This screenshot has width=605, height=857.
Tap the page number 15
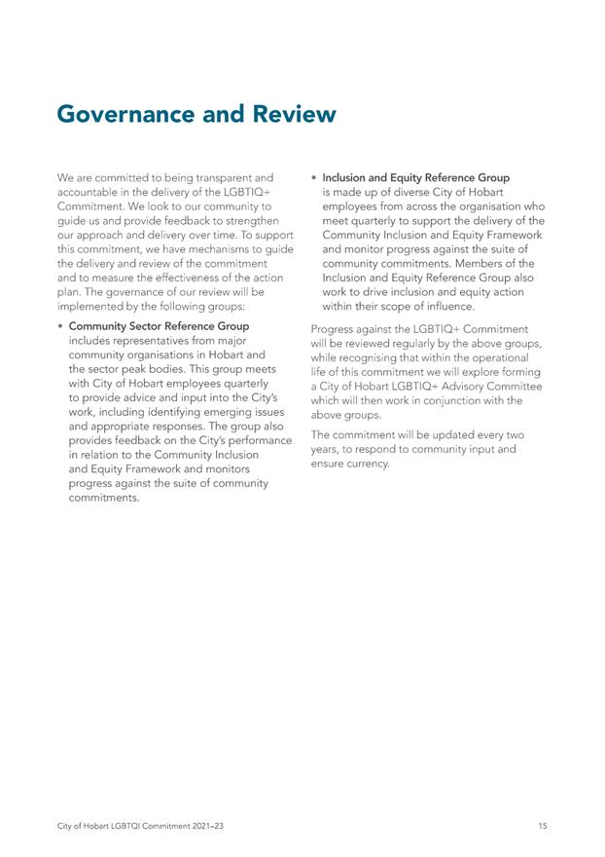coord(542,826)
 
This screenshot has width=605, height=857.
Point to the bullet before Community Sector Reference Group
coord(60,325)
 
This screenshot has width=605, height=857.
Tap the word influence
coord(445,307)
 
